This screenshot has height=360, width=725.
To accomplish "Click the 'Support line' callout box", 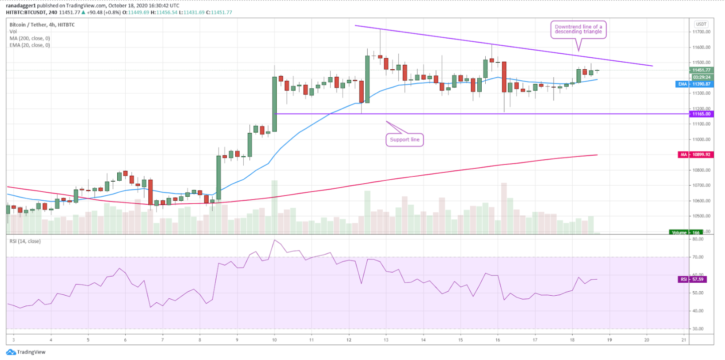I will coord(404,140).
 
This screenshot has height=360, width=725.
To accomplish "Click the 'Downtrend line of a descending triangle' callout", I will coord(578,29).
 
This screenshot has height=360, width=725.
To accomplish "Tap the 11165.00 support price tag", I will coord(701,114).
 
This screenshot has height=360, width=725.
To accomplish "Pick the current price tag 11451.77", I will coord(701,70).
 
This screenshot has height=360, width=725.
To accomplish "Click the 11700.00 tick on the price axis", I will coord(701,32).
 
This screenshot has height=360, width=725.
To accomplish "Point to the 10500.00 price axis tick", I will coord(701,216).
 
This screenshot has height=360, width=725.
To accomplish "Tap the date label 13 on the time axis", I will coord(386,340).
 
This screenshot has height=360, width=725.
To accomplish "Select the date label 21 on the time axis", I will coord(684,340).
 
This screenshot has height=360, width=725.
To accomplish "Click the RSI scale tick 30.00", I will coord(698,329).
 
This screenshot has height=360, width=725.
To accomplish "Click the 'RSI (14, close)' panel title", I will coord(25,241).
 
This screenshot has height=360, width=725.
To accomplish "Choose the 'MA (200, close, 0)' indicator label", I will coord(30,39).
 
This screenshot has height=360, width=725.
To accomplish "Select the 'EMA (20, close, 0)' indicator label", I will coord(30,45).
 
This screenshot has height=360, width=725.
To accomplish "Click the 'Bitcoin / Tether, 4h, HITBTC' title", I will coord(42,25).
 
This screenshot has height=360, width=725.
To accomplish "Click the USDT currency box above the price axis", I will coord(701,24).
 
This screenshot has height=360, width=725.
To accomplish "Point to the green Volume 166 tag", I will coord(684,233).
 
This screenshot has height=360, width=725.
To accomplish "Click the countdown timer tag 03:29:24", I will coord(701,77).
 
